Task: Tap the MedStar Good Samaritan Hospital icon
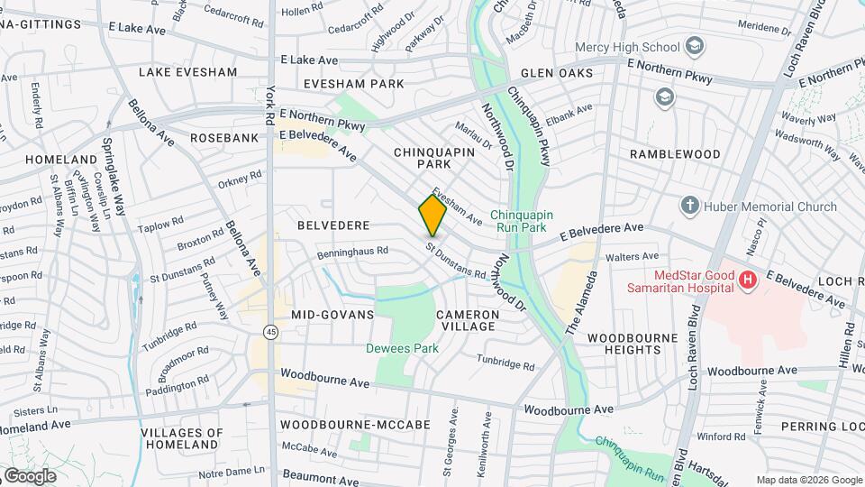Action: tap(746, 281)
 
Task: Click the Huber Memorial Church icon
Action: tap(690, 206)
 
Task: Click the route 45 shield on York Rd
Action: tap(270, 333)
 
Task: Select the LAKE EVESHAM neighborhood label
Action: tap(187, 72)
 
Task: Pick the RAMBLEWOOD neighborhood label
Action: tap(675, 154)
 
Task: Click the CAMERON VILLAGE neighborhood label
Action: tap(467, 320)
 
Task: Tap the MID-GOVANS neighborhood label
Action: tap(332, 315)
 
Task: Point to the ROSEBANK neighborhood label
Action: tap(224, 138)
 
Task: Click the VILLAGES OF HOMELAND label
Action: tap(181, 438)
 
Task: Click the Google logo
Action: tap(30, 475)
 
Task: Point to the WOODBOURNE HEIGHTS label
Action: tap(632, 344)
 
